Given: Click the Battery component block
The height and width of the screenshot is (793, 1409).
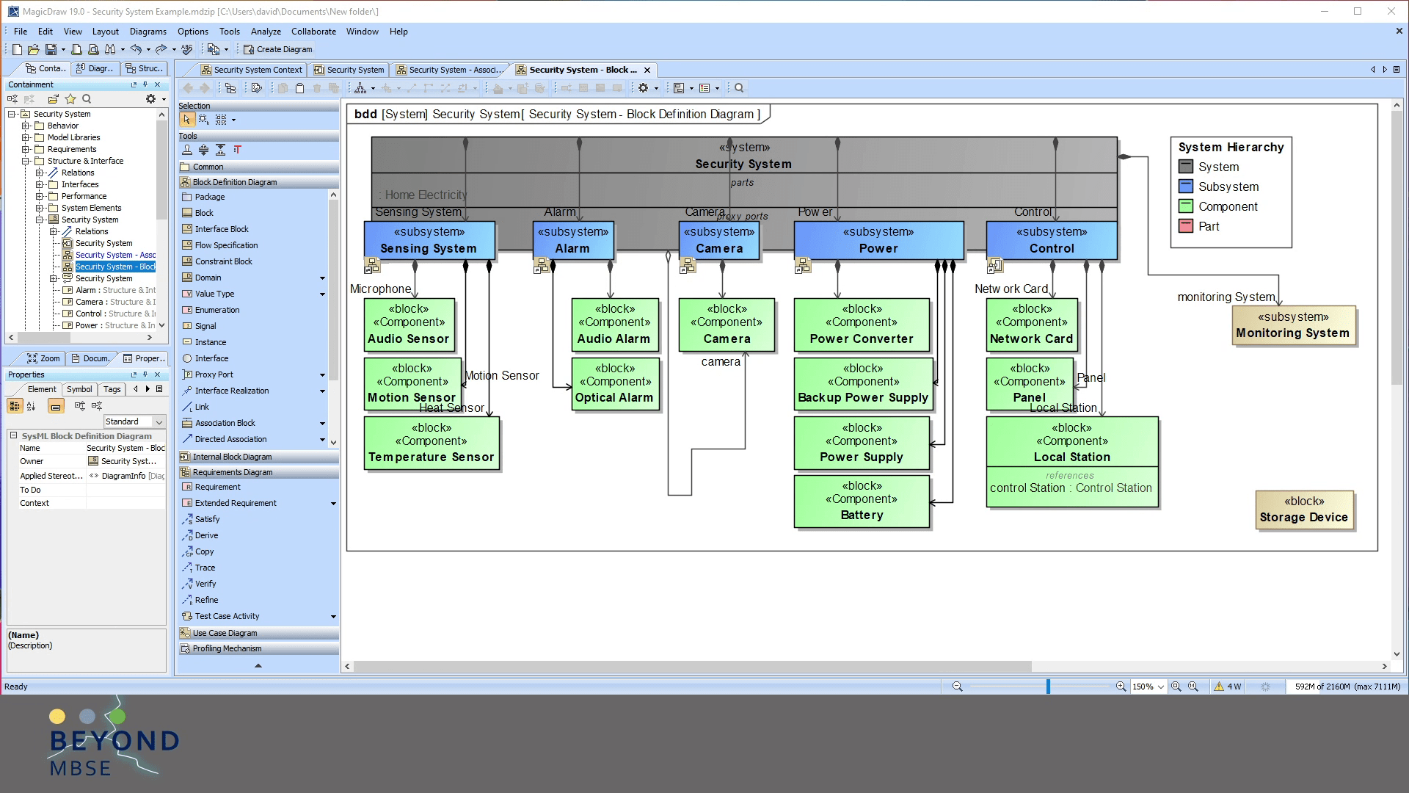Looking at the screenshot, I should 862,501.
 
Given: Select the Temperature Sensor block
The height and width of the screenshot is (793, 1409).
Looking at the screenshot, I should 432,443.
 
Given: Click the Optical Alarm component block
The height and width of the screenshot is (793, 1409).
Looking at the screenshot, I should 614,383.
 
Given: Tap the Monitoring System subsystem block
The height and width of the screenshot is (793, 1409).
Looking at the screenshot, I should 1292,325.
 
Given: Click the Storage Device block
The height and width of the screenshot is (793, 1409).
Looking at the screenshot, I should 1303,510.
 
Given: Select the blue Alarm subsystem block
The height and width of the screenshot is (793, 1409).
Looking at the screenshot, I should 572,241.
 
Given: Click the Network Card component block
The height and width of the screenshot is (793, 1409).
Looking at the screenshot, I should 1031,325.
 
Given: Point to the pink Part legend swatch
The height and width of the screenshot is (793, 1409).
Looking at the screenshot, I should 1185,226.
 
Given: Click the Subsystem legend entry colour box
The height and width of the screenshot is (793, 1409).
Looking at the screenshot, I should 1185,187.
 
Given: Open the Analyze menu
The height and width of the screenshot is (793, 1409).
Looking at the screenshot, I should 266,32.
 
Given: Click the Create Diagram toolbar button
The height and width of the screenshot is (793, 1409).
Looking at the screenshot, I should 278,49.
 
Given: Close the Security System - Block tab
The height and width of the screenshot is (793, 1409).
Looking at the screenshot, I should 647,70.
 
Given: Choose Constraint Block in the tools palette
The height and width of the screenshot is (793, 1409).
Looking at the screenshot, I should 223,261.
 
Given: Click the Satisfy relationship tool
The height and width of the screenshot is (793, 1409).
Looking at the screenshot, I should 207,519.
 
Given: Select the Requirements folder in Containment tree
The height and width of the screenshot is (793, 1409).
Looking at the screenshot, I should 72,149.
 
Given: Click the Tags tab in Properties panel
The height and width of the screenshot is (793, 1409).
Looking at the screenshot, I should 112,389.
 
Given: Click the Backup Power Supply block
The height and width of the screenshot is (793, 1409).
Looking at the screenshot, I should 862,383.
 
